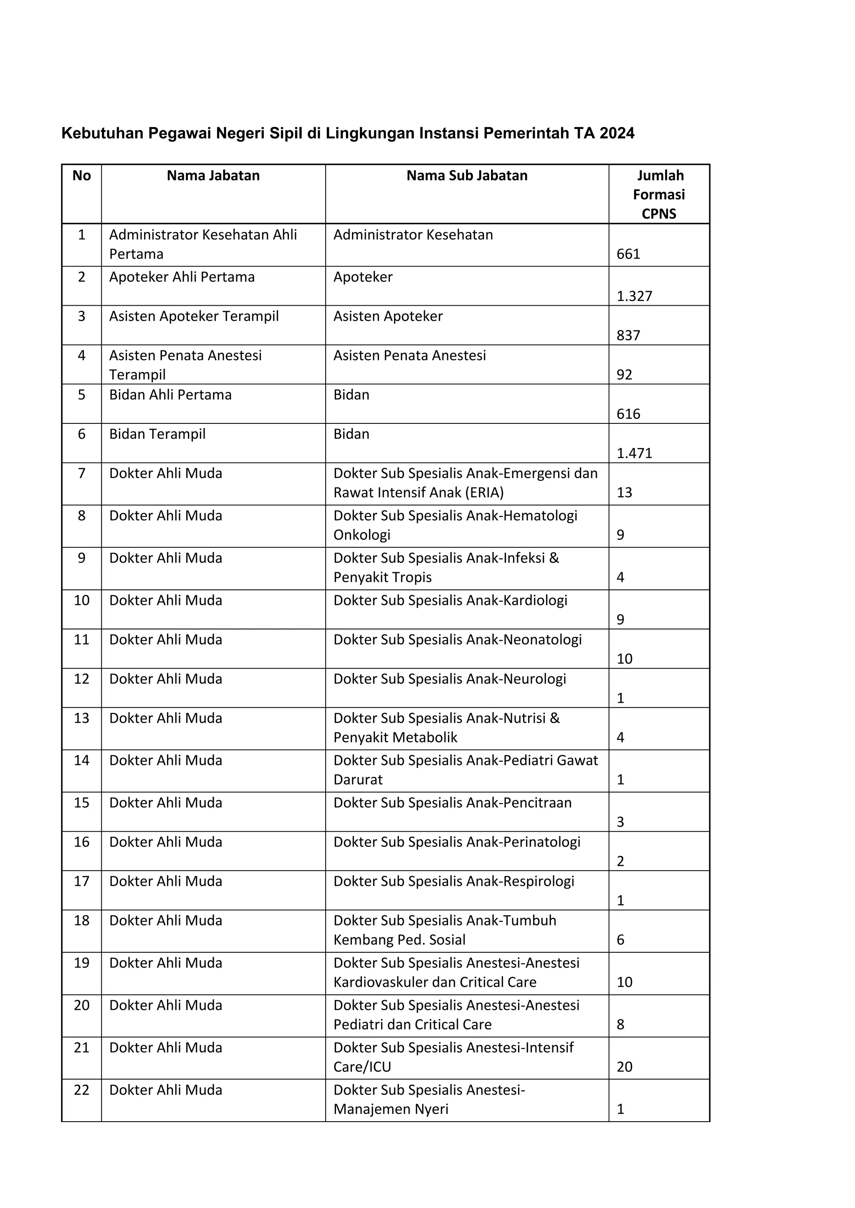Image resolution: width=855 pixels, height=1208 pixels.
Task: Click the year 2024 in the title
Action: [x=617, y=133]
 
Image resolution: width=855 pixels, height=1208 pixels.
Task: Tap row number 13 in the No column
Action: [x=81, y=718]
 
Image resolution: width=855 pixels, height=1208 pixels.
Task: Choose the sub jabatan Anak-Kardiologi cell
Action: [x=450, y=600]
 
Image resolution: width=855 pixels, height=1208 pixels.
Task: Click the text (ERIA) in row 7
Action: [x=483, y=493]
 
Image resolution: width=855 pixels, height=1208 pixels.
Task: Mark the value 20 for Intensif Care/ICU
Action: [x=625, y=1067]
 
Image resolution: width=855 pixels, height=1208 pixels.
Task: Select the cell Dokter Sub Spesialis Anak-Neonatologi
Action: [x=457, y=640]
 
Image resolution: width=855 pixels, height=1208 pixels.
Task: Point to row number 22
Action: [x=81, y=1090]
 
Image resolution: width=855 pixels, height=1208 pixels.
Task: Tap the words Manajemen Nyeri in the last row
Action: [x=391, y=1110]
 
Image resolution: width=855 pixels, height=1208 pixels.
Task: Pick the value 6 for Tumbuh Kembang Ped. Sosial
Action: [x=620, y=940]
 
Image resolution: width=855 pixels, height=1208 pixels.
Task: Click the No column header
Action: [x=81, y=176]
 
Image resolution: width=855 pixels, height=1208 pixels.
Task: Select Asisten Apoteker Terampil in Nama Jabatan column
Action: [x=194, y=316]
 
